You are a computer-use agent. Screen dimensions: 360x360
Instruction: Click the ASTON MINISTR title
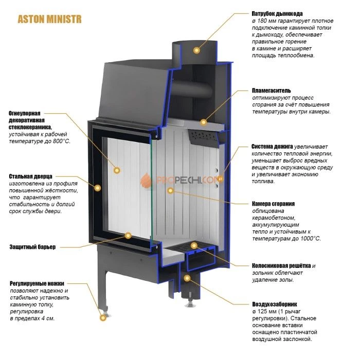[49, 20]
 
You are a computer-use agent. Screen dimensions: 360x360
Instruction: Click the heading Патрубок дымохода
[277, 14]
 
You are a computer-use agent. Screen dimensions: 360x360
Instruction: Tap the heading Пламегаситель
[272, 91]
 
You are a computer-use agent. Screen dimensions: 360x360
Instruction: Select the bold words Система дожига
[272, 147]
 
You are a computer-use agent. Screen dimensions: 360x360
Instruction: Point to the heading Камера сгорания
[273, 204]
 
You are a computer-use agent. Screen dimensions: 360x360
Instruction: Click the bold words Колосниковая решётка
[281, 266]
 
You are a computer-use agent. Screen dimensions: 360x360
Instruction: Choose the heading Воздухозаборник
[274, 304]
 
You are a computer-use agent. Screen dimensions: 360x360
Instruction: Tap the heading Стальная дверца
[30, 176]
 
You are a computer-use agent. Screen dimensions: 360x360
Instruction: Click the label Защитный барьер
[32, 247]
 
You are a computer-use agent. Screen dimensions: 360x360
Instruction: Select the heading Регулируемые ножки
[37, 283]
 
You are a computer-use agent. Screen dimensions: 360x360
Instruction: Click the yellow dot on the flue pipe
[196, 50]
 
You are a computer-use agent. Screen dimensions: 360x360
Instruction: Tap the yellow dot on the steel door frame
[98, 188]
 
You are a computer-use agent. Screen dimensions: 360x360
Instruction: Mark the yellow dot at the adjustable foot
[103, 318]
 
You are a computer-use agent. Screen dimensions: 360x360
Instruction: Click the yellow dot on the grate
[194, 246]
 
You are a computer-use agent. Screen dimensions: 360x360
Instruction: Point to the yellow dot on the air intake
[187, 278]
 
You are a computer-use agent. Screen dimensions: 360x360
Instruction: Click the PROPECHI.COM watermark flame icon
[146, 180]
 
